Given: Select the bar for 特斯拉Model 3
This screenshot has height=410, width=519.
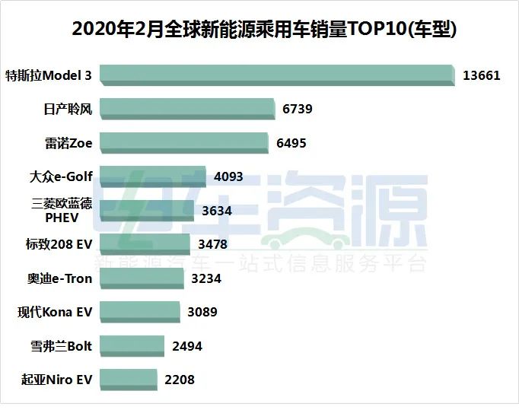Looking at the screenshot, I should click(276, 75).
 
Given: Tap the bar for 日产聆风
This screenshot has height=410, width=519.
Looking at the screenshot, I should click(186, 109).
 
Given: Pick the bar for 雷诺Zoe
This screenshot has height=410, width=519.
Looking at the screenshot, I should click(183, 143).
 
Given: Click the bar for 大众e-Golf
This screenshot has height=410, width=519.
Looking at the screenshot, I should click(152, 176).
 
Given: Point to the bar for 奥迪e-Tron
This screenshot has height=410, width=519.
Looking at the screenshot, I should click(141, 278).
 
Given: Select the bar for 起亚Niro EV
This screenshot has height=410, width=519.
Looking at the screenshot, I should click(128, 380).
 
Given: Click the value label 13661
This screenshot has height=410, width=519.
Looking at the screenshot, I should click(482, 75).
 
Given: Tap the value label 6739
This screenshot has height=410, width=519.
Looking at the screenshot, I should click(297, 109).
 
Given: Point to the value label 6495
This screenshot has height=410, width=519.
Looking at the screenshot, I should click(291, 143).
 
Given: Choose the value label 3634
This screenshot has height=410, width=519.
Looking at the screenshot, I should click(217, 211).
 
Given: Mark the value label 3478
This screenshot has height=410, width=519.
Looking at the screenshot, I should click(212, 244).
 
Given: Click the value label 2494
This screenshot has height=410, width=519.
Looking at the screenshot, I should click(187, 346).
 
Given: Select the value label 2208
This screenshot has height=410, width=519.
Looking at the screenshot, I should click(180, 380).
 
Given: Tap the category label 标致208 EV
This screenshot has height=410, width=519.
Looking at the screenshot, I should click(59, 244).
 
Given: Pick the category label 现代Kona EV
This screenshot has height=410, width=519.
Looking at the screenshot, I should click(55, 312).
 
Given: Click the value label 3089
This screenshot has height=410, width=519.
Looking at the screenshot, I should click(202, 312).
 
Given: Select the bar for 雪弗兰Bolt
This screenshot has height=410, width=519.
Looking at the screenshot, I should click(132, 346).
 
